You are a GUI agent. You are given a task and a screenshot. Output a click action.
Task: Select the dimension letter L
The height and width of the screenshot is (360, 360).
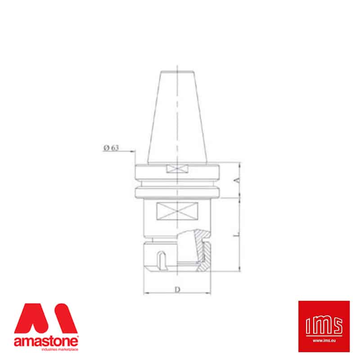236,235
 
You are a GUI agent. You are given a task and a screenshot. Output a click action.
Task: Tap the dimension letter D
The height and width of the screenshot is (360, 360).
177,289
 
